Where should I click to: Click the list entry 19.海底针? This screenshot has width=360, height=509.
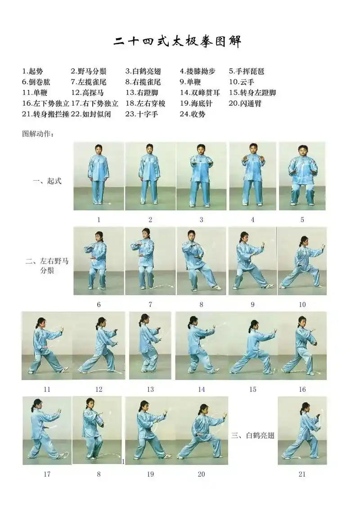click(196, 103)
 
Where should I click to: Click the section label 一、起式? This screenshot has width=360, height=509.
click(47, 181)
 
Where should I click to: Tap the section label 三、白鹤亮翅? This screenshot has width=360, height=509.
click(252, 435)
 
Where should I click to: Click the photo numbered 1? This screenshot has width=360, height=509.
click(99, 176)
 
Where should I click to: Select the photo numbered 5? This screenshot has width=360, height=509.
click(302, 176)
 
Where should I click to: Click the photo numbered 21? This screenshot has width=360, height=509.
click(302, 430)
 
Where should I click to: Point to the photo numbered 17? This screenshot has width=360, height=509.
click(47, 430)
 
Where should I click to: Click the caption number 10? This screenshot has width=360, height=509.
click(302, 304)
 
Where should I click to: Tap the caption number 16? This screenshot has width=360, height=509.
click(302, 389)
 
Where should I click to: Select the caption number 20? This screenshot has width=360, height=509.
click(201, 474)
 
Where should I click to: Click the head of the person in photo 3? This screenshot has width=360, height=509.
click(201, 149)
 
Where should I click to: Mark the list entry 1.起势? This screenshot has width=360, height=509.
click(33, 71)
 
